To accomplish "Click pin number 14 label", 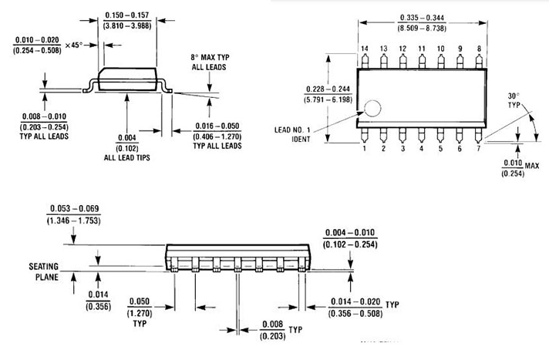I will [x=365, y=49].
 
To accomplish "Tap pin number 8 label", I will [x=479, y=49].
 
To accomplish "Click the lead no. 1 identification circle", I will [x=373, y=108].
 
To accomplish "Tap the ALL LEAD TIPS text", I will [x=126, y=157].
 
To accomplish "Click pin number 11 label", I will [x=422, y=49].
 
